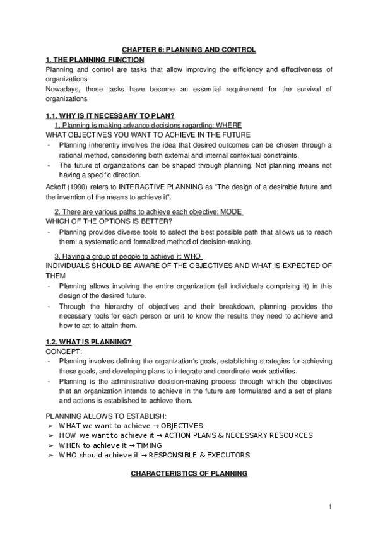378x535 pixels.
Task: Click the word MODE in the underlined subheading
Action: pyautogui.click(x=231, y=211)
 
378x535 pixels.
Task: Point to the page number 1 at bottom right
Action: pyautogui.click(x=330, y=507)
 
